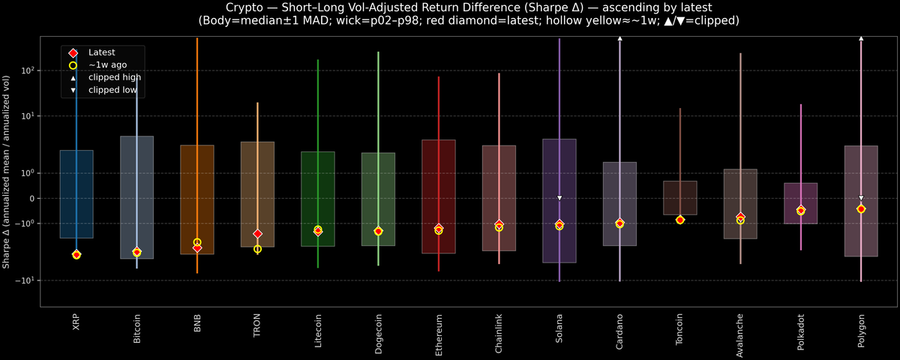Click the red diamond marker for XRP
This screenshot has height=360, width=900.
76,255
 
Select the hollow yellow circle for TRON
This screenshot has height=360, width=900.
257,249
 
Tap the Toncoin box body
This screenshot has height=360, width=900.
680,198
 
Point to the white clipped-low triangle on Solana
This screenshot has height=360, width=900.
559,198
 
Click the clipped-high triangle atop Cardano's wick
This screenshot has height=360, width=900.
619,37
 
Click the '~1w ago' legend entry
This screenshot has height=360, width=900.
105,65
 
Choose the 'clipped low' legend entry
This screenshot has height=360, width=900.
112,90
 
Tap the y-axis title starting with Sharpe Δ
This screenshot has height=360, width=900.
7,172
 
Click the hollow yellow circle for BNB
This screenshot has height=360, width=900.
197,242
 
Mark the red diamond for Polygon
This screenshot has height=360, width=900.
861,208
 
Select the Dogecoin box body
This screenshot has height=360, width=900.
378,199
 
